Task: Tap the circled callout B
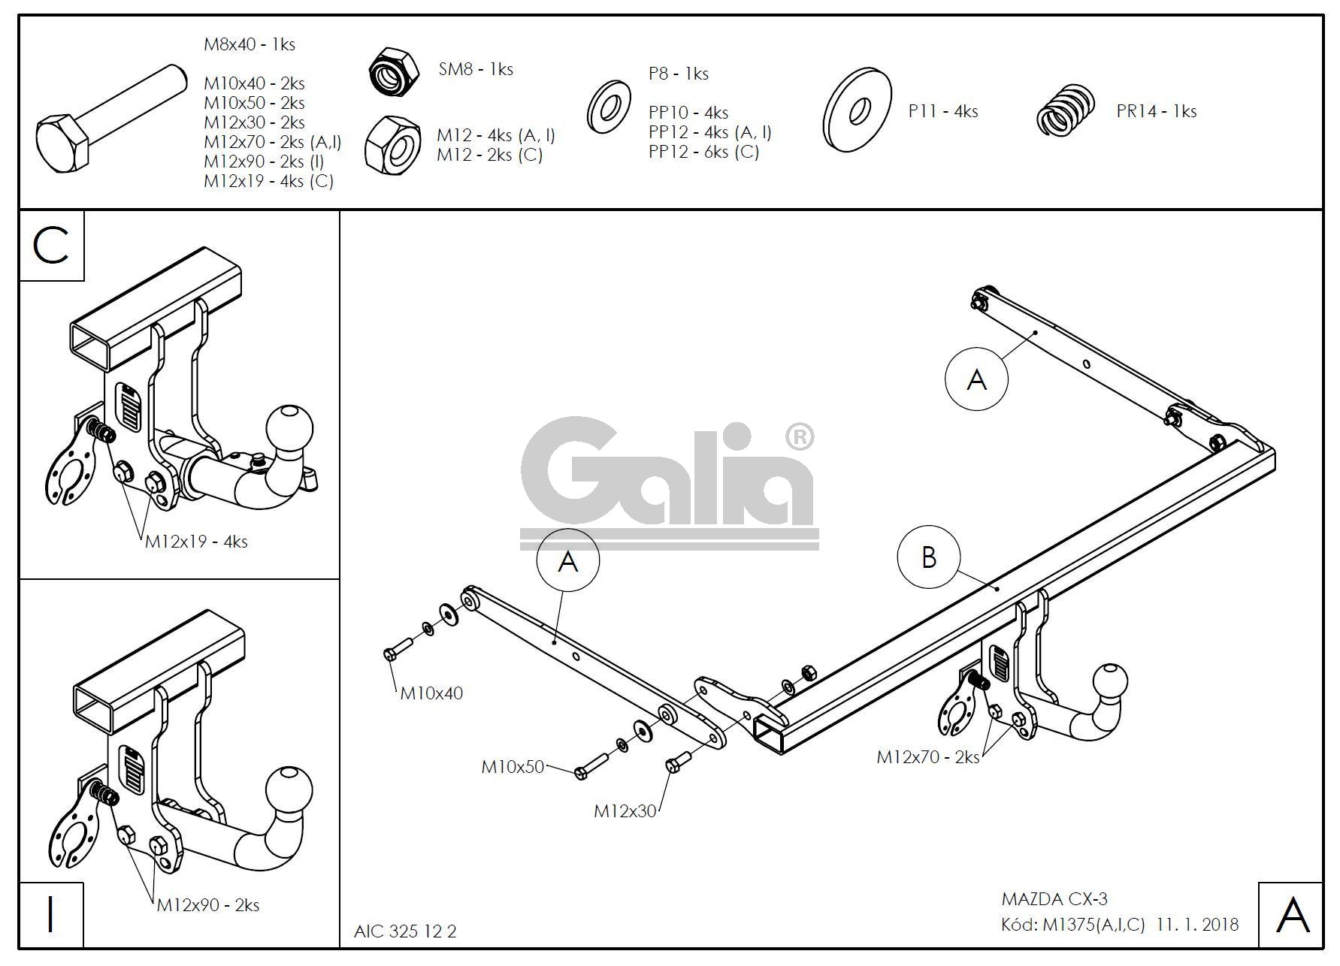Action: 929,557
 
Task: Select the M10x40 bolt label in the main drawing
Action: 431,693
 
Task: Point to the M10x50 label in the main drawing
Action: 513,767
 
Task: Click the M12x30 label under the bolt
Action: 625,811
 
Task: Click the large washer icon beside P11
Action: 858,109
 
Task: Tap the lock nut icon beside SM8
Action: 393,71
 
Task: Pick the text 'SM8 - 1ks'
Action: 476,69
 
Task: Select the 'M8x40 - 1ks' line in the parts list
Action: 250,44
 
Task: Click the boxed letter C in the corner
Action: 51,246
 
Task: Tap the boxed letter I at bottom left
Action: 51,915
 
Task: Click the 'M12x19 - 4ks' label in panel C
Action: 196,542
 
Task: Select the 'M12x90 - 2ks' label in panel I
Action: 208,905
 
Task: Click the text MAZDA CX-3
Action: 1054,899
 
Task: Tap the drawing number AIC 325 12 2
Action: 405,931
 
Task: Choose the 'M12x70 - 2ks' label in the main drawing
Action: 928,757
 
